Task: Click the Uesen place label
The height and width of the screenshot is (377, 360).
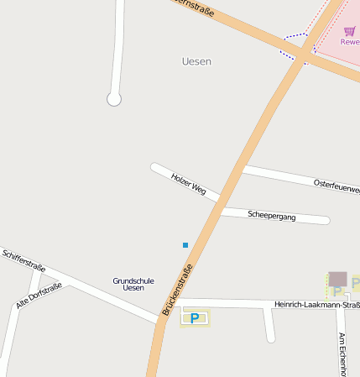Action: (x=196, y=61)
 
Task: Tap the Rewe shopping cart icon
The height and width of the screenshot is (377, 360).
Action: (x=349, y=31)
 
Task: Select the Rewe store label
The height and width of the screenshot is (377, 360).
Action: (x=350, y=42)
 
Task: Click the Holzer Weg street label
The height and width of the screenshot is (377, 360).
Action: (x=188, y=184)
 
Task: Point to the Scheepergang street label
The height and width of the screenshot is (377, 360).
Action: (x=272, y=216)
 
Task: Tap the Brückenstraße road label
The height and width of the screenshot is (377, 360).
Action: (x=178, y=290)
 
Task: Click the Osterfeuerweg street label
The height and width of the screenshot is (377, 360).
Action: (x=336, y=186)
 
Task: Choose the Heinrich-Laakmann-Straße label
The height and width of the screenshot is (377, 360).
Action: (x=316, y=304)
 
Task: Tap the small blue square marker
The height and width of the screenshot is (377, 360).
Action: (x=185, y=245)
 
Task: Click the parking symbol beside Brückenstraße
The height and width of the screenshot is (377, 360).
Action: (x=196, y=318)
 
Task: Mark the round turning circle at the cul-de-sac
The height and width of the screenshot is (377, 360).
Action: (x=114, y=100)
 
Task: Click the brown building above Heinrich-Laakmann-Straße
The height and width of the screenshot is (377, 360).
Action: (x=337, y=278)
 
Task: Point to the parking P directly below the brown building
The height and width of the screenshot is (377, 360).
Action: (x=337, y=291)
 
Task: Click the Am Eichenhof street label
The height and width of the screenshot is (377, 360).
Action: (x=342, y=353)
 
